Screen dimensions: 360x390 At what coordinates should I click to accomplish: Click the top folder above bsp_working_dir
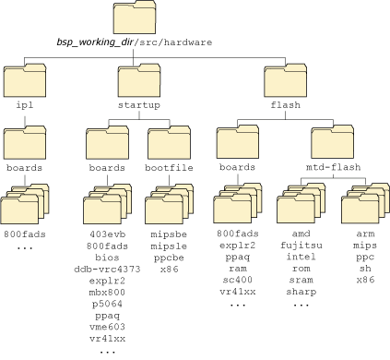[134, 19]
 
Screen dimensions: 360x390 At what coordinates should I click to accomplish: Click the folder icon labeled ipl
[25, 81]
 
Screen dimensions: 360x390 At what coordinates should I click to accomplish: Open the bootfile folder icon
[168, 144]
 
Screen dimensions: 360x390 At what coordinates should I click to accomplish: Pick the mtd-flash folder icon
[331, 144]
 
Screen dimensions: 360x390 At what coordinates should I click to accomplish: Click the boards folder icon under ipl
[25, 144]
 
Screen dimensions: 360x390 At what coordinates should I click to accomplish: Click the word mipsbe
[169, 235]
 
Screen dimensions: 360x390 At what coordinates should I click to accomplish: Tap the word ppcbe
[169, 258]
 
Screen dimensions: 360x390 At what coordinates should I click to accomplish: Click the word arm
[364, 235]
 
